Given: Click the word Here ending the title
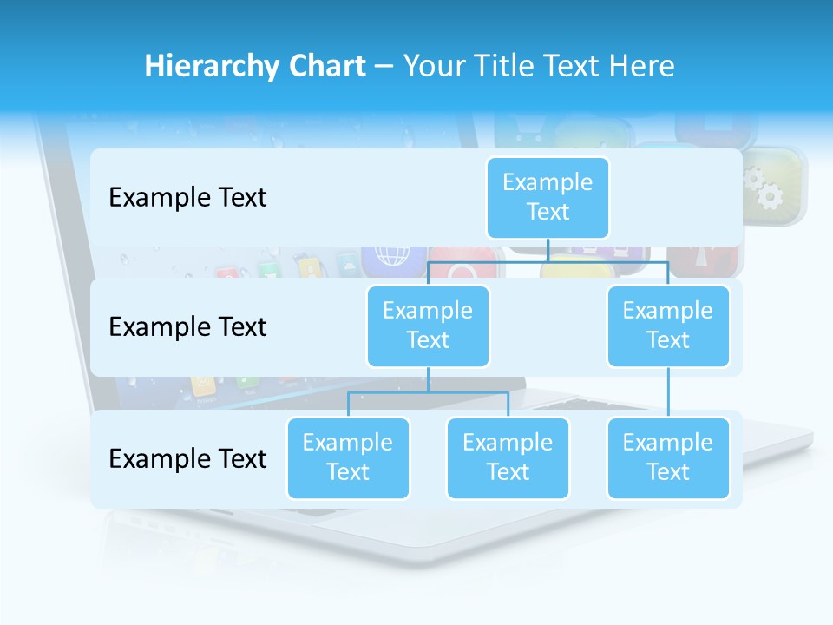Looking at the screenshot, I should pyautogui.click(x=641, y=67).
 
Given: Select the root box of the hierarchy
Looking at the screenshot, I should pyautogui.click(x=548, y=197).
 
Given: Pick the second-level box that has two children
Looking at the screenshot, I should pyautogui.click(x=428, y=326).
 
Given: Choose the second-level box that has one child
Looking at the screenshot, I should pyautogui.click(x=668, y=326).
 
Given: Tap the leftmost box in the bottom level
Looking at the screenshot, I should pyautogui.click(x=348, y=457).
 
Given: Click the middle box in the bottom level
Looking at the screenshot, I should pyautogui.click(x=508, y=457).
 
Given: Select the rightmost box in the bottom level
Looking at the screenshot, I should pyautogui.click(x=668, y=457).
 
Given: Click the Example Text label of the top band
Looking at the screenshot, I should pyautogui.click(x=187, y=198).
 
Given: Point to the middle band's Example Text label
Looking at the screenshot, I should pyautogui.click(x=187, y=327).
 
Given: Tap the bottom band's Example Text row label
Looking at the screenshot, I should pyautogui.click(x=187, y=458).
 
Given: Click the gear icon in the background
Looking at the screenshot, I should pyautogui.click(x=765, y=184).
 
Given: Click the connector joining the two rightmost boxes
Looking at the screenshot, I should pyautogui.click(x=668, y=391).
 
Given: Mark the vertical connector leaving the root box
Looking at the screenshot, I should pyautogui.click(x=548, y=250).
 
